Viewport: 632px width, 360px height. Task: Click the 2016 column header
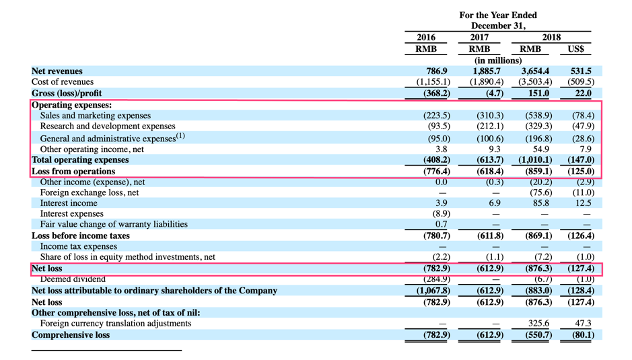(x=426, y=38)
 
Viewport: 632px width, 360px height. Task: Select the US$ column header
(x=575, y=49)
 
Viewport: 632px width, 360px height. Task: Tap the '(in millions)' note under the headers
(x=498, y=61)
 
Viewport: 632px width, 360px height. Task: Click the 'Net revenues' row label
(x=57, y=71)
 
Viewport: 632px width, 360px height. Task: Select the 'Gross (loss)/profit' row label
(x=67, y=94)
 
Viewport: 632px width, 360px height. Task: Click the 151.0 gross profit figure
(x=539, y=94)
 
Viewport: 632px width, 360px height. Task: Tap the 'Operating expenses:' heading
(x=71, y=105)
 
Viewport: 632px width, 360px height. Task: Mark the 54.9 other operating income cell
(x=541, y=149)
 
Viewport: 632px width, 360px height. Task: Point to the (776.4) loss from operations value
(x=435, y=171)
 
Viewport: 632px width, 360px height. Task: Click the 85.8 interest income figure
(x=541, y=203)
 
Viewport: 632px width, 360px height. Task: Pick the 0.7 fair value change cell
(x=442, y=224)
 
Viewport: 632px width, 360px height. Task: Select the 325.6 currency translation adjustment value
(x=538, y=324)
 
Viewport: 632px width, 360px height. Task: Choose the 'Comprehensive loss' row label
(x=71, y=334)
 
